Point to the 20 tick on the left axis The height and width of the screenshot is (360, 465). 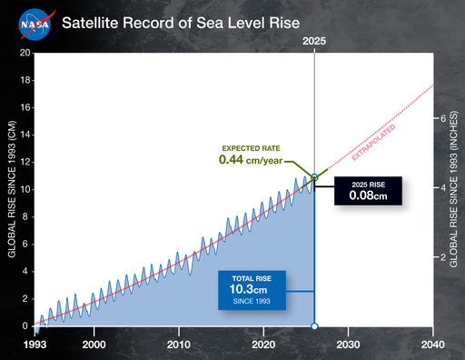pos(25,53)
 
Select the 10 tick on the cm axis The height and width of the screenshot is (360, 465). pos(25,189)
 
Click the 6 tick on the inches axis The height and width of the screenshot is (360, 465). pos(442,119)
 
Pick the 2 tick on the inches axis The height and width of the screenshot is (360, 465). pos(442,257)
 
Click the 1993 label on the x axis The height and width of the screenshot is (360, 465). pos(34,345)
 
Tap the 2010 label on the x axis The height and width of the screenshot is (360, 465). pos(179,345)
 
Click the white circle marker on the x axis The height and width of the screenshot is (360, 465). pos(314,325)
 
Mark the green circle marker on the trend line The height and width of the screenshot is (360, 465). pos(314,177)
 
